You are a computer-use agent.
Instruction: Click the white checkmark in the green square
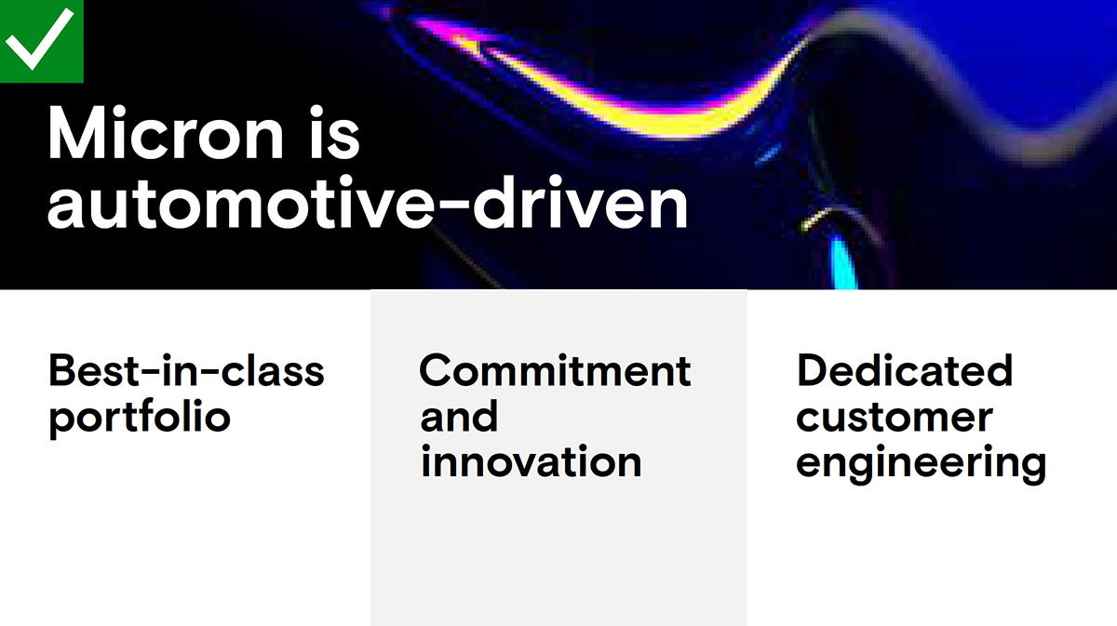40,38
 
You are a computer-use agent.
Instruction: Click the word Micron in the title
166,133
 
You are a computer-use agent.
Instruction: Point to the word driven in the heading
581,203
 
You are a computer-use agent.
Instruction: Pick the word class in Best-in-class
272,370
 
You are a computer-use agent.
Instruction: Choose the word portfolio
140,418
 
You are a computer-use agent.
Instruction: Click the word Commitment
555,370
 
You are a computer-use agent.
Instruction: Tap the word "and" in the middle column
459,416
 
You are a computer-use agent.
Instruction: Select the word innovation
532,461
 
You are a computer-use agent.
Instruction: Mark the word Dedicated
905,370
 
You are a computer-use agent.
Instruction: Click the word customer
895,418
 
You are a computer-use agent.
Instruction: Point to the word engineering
921,464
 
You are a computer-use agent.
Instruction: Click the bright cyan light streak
842,261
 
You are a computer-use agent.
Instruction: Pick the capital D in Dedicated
813,370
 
